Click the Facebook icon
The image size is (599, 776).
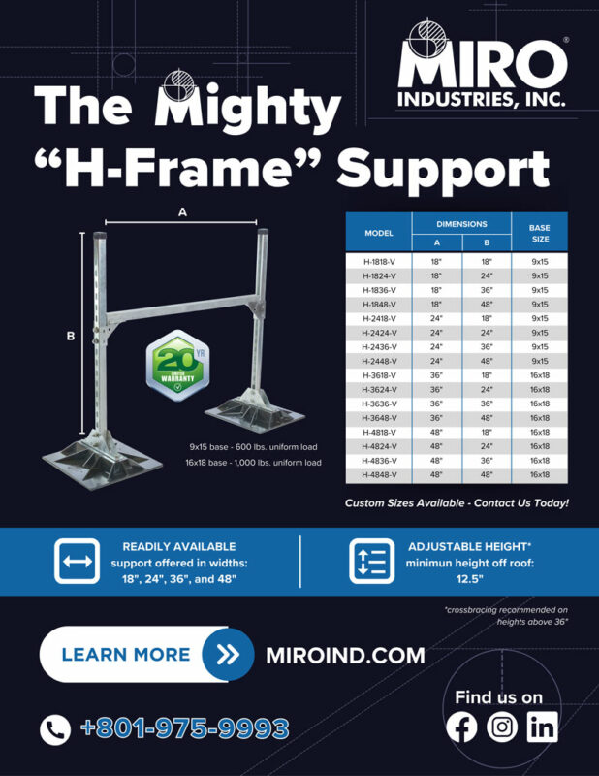click(463, 727)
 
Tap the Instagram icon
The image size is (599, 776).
click(501, 727)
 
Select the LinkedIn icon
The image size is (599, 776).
click(541, 727)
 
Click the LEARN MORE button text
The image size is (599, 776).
click(125, 654)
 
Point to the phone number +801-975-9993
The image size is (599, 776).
click(185, 728)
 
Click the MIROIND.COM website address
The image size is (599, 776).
click(345, 655)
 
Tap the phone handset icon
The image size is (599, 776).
click(55, 729)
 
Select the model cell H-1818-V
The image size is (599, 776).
click(377, 262)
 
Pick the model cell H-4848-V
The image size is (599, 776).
click(377, 474)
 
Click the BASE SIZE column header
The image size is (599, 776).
click(539, 233)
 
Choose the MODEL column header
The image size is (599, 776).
click(377, 233)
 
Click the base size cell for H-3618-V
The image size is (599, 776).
click(539, 375)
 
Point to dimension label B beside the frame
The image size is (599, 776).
click(70, 337)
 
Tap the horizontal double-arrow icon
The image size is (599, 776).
click(77, 562)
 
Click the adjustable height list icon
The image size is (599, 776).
click(371, 562)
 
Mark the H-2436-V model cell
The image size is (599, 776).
click(377, 347)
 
